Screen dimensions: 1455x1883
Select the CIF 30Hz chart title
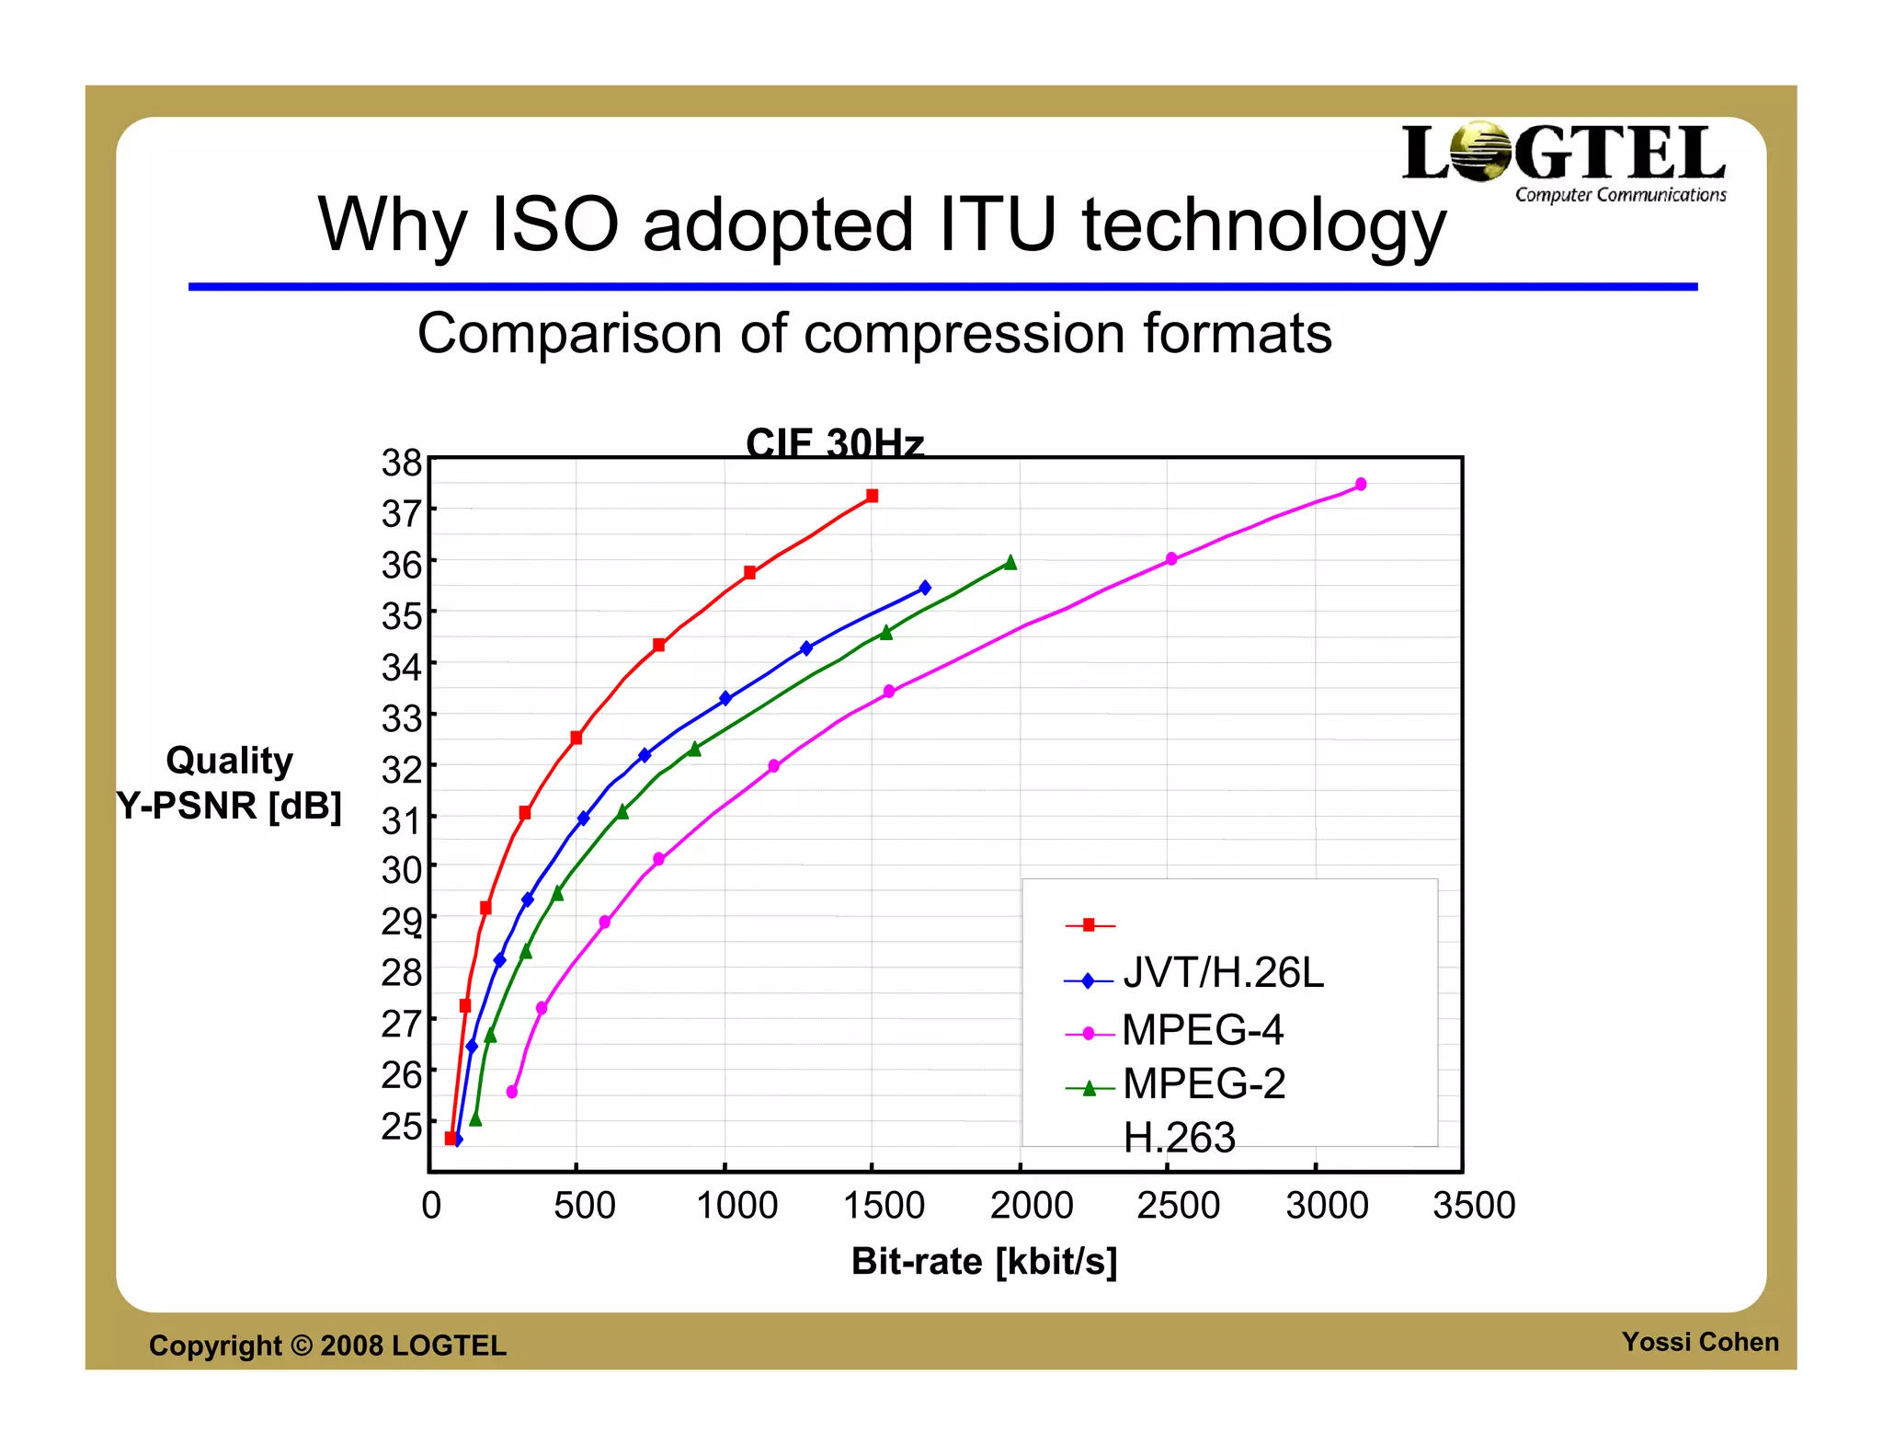point(834,442)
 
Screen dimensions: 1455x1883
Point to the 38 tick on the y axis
point(402,463)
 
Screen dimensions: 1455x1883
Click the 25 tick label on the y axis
point(402,1126)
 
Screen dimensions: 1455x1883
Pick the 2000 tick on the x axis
point(1031,1206)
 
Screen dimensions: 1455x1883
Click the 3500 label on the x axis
point(1474,1206)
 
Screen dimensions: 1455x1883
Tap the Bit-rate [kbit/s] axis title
point(984,1261)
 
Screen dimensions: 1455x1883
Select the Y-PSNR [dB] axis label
point(229,806)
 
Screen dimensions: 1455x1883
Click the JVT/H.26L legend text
point(1223,973)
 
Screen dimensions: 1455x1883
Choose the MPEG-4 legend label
point(1203,1029)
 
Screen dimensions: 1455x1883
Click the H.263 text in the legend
point(1180,1138)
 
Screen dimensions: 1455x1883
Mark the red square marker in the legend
point(1089,925)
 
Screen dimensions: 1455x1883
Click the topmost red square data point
point(873,496)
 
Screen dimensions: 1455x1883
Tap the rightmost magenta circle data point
point(1361,485)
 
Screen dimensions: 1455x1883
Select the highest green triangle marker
point(1010,562)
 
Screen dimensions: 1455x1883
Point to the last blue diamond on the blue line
point(925,588)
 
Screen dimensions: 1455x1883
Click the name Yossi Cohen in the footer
point(1699,1342)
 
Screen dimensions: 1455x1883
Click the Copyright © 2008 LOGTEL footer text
point(327,1346)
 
